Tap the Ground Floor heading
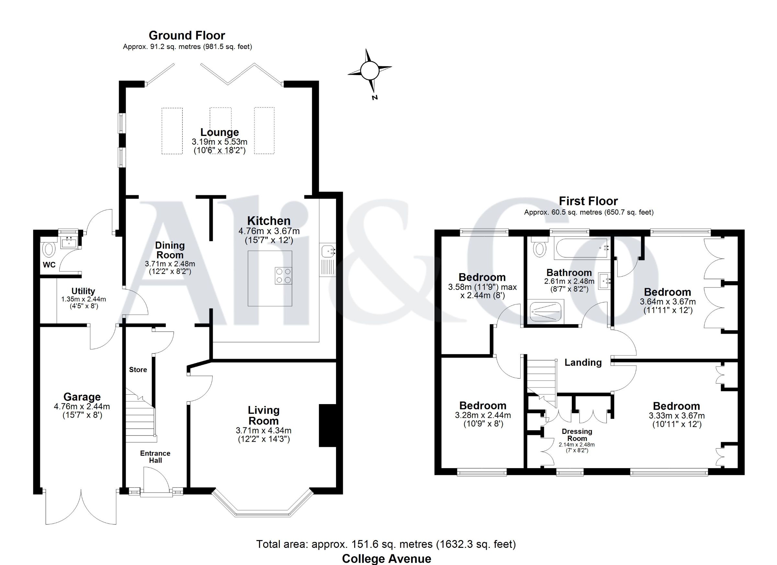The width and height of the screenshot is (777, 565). coord(187,35)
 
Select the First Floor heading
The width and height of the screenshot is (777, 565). coord(588,201)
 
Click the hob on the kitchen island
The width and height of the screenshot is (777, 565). coord(283,276)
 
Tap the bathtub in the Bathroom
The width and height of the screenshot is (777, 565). coord(581,248)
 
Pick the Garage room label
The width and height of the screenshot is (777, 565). coord(82,397)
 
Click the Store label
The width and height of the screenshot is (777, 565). coord(138,369)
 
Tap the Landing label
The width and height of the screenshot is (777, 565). coord(583,363)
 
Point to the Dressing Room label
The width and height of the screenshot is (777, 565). coord(577,435)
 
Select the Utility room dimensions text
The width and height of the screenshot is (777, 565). coord(83,302)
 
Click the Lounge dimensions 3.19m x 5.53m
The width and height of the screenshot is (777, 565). coord(220,142)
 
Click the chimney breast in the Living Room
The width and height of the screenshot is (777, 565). coord(328,425)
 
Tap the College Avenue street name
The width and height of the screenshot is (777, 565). coord(387,559)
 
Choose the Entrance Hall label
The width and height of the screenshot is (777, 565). coord(155,457)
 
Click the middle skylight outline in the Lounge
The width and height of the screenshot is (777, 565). coord(220,130)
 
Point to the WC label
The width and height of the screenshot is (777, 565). coord(49,265)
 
